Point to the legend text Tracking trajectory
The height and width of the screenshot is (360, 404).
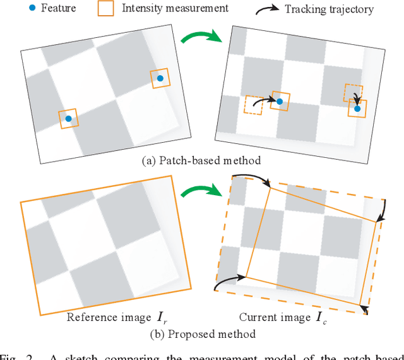[x=329, y=9]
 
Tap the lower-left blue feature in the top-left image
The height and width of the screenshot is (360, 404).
[x=69, y=118]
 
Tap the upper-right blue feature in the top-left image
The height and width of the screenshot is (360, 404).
[x=160, y=78]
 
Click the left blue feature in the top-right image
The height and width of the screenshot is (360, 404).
[x=279, y=100]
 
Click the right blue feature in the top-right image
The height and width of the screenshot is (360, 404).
[x=357, y=109]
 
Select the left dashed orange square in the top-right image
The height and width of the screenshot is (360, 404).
[x=254, y=105]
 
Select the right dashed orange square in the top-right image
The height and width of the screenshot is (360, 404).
[x=353, y=92]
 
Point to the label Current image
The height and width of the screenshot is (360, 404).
[x=275, y=317]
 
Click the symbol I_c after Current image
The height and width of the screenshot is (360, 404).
[x=321, y=318]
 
